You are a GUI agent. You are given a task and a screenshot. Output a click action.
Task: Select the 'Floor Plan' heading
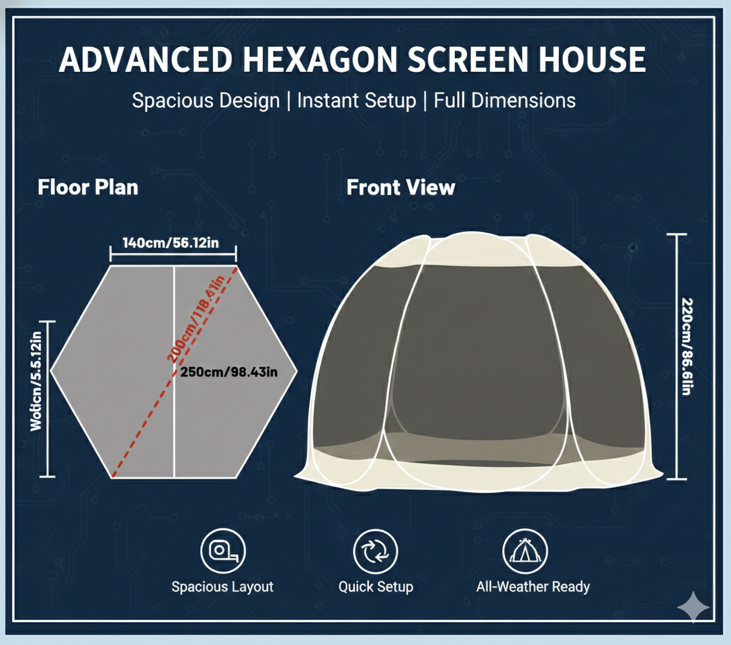(88, 187)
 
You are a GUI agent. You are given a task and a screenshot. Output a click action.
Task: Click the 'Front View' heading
(400, 187)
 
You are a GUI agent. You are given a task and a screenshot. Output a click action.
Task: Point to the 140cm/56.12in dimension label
(171, 243)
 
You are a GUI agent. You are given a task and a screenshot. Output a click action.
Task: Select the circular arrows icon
(376, 552)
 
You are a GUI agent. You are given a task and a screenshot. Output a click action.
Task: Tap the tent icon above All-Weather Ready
(525, 552)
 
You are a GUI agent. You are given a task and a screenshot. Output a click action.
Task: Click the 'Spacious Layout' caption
(222, 587)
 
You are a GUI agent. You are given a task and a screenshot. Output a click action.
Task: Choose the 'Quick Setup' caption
(376, 587)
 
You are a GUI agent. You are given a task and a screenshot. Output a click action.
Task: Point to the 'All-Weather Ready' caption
(533, 587)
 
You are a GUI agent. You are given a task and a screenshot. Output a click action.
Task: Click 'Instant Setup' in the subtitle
(356, 101)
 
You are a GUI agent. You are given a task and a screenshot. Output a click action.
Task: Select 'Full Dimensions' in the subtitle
(505, 101)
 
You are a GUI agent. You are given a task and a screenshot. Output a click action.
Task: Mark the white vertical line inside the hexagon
(175, 417)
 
